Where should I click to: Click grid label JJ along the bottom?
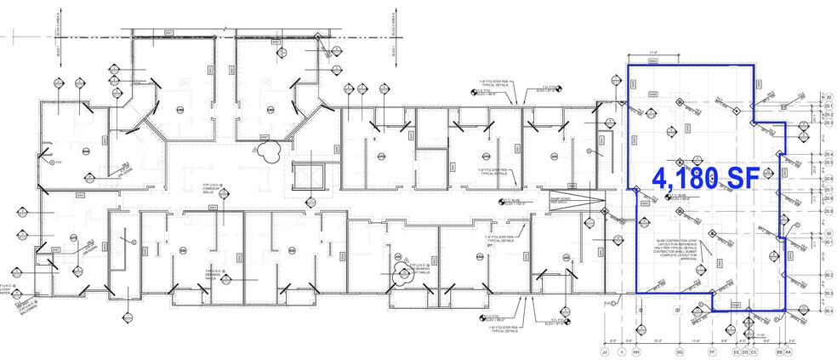(605, 350)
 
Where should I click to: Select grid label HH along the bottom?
(635, 350)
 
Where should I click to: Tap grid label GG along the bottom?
(679, 350)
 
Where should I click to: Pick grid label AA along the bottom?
(789, 350)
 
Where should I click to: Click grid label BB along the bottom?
(778, 350)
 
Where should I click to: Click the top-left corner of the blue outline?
(628, 65)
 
